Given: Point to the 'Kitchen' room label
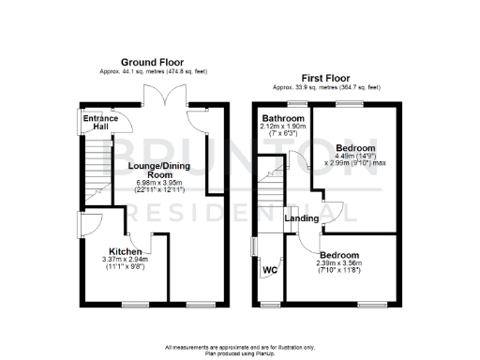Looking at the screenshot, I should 125,252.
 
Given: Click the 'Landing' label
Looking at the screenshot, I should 302,218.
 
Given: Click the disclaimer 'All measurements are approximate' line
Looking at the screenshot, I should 240,346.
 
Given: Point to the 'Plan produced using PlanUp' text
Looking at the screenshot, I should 240,352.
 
